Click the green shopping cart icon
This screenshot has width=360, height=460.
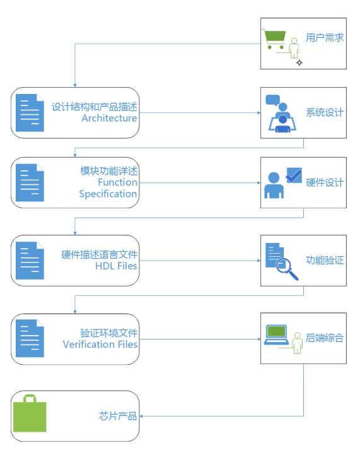point(274,39)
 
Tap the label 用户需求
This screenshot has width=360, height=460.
point(325,38)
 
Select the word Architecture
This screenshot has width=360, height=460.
point(109,118)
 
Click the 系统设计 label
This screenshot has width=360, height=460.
point(325,112)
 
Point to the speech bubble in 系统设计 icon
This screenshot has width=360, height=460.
point(272,100)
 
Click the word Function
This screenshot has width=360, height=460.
point(117,182)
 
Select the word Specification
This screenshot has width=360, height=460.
point(108,194)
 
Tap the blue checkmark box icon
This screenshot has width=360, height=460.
point(294,175)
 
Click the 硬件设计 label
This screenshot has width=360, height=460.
point(325,182)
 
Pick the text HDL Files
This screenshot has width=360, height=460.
point(116,266)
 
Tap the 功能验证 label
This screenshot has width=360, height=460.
point(325,260)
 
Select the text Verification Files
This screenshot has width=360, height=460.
point(100,344)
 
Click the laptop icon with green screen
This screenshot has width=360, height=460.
point(276,334)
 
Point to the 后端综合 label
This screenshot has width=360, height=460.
point(325,338)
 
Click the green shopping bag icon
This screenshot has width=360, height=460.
point(30,413)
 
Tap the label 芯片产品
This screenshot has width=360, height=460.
point(118,416)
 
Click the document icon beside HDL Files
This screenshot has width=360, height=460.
point(30,261)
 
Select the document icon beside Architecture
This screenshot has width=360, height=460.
point(30,113)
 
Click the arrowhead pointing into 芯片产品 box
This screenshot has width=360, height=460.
point(141,416)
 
